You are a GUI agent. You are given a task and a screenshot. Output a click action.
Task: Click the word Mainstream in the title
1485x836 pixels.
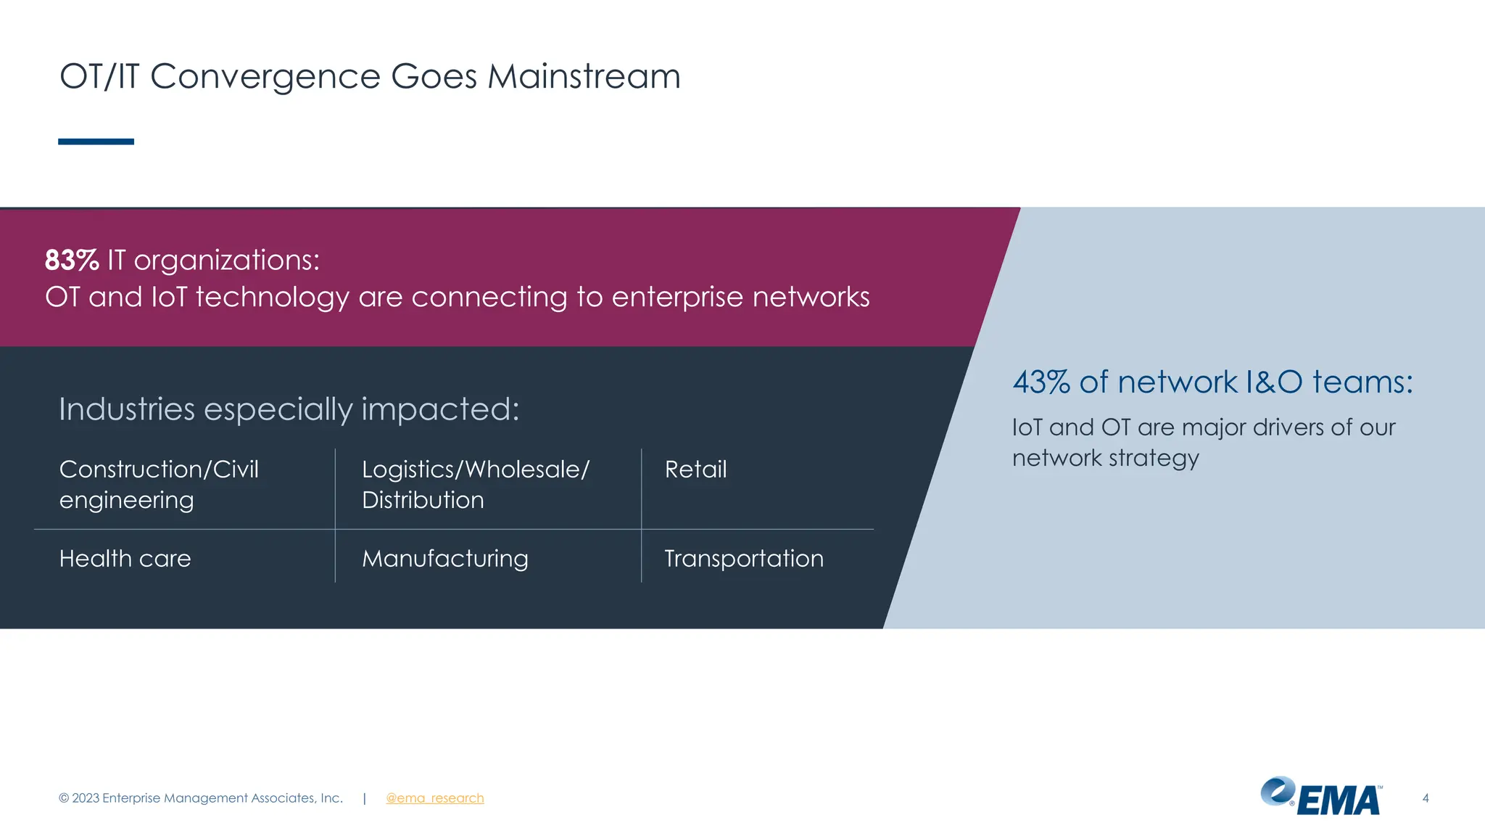[584, 76]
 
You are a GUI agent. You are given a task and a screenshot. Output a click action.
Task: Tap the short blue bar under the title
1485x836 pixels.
[96, 142]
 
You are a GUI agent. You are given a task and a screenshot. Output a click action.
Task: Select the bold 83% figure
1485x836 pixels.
[72, 260]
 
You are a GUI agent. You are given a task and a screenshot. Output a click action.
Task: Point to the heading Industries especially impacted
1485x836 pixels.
[289, 409]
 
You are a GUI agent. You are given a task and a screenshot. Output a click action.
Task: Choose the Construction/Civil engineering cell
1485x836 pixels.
[159, 484]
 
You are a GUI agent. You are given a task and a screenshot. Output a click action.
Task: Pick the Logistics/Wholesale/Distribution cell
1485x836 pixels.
[476, 484]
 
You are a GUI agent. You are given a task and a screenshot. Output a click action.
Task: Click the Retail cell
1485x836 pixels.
[695, 470]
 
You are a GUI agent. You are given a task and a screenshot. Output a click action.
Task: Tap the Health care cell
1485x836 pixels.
[125, 559]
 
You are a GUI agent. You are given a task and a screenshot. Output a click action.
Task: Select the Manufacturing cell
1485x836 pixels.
[445, 559]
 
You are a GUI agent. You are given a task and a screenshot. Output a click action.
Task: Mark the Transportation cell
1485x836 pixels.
[744, 559]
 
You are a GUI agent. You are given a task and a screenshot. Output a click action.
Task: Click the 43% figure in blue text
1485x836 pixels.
[1041, 382]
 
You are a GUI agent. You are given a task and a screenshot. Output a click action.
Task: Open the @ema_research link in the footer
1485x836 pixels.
[434, 798]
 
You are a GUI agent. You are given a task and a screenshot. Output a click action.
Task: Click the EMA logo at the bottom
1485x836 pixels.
[1322, 797]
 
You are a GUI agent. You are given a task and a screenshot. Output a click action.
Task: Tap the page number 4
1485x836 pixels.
[1426, 798]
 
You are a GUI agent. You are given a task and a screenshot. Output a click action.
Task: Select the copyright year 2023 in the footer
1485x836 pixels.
[86, 798]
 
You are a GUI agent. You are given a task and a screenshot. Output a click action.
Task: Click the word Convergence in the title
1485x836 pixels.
[265, 76]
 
